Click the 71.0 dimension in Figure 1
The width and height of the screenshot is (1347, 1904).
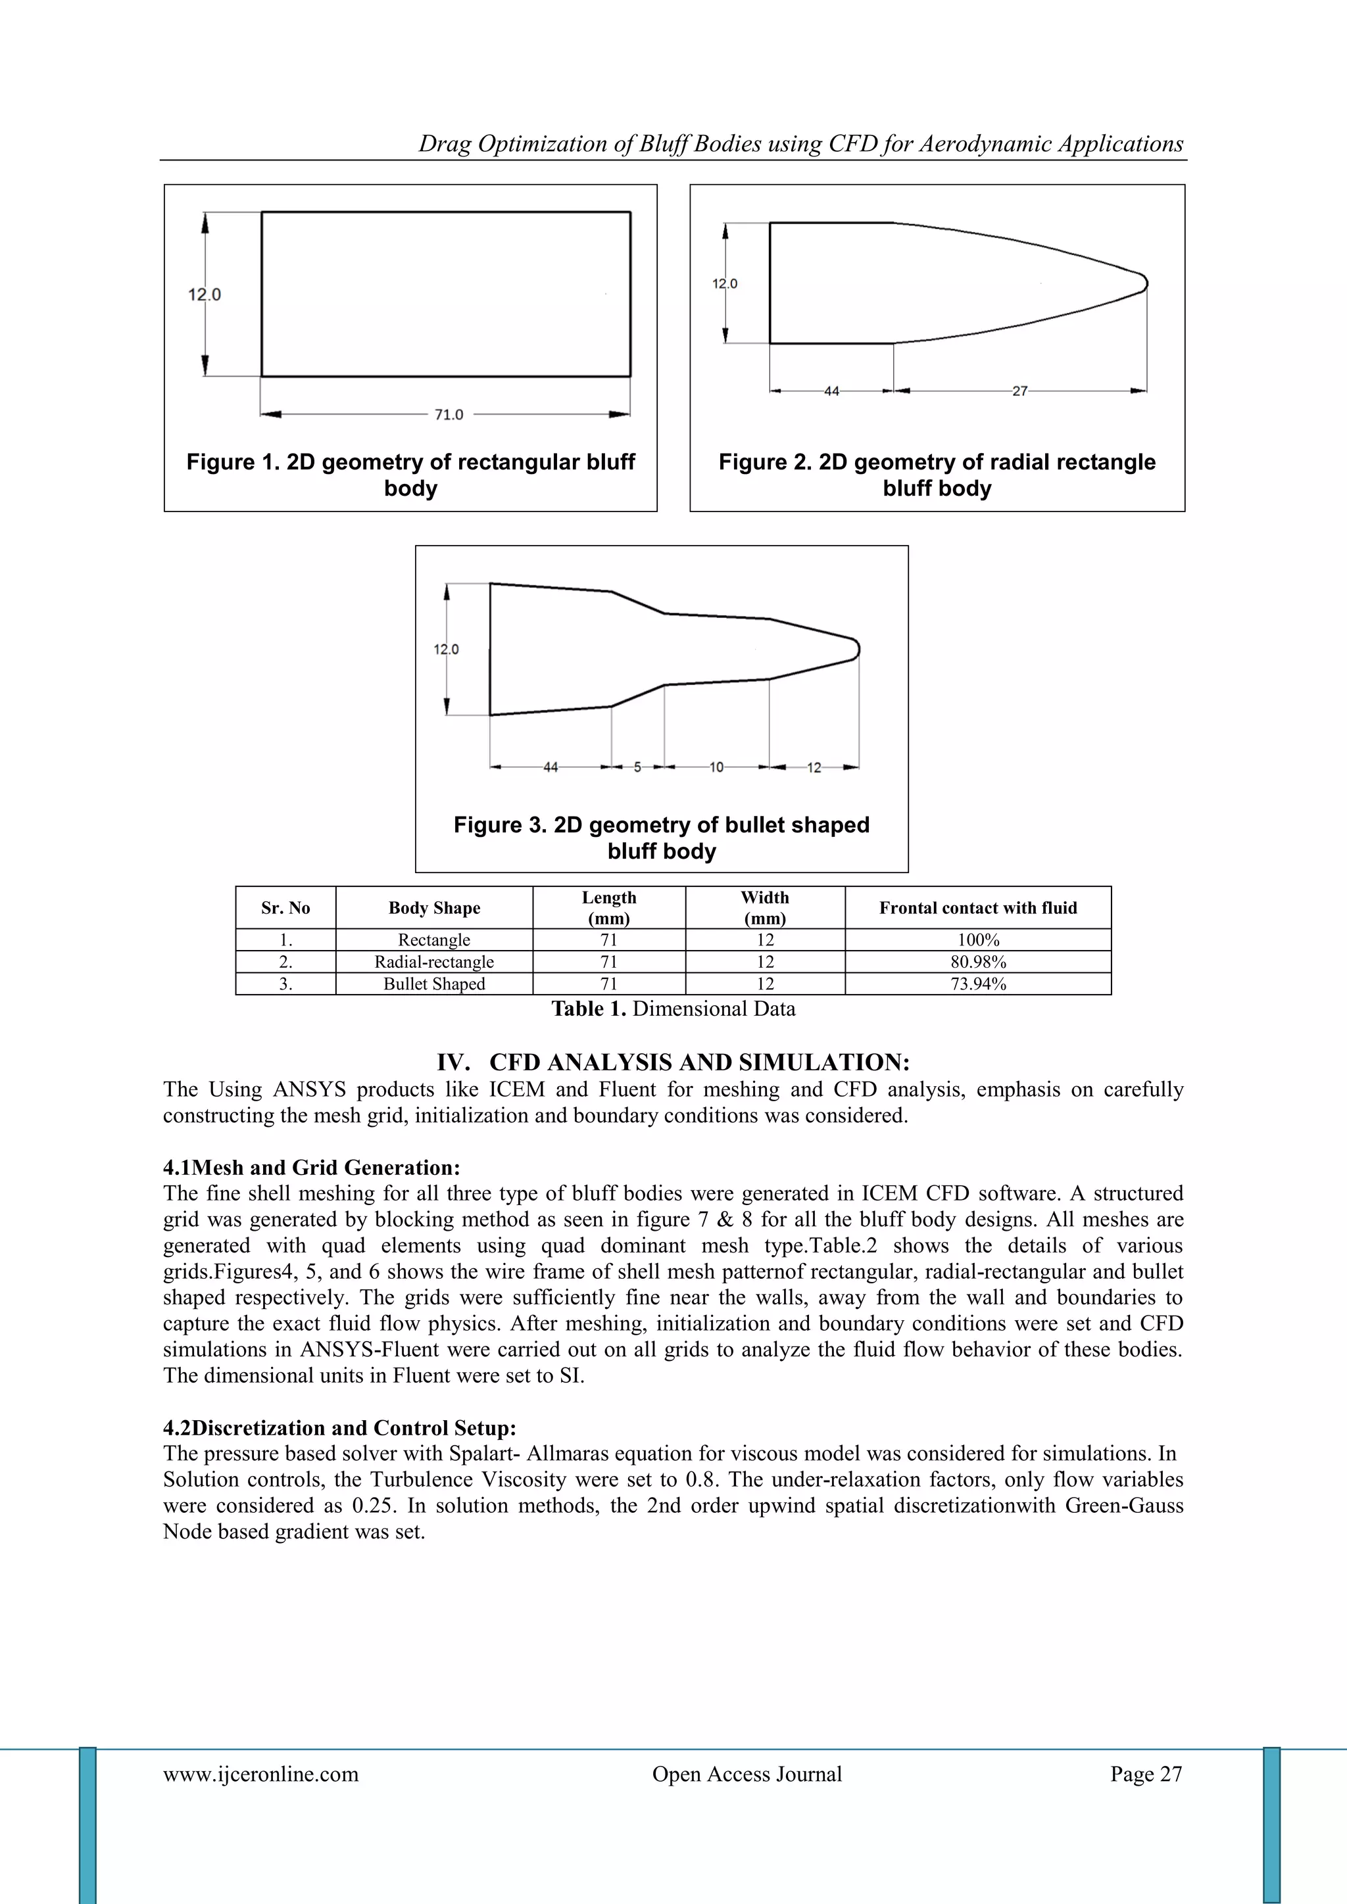coord(449,415)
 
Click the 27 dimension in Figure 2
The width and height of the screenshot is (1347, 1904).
coord(1019,391)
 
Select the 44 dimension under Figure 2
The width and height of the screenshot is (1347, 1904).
coord(831,391)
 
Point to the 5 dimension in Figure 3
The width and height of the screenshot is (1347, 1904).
coord(637,768)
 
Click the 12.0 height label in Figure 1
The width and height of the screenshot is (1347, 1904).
coord(204,295)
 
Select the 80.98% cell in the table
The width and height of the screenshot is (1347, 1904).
coord(978,962)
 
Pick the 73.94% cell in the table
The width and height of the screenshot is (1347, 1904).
coord(978,984)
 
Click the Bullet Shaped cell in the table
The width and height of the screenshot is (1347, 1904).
coord(434,984)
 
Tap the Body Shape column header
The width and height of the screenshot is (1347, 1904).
coord(434,908)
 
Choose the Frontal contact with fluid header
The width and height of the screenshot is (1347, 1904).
coord(978,908)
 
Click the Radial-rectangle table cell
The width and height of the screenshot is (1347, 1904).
coord(434,962)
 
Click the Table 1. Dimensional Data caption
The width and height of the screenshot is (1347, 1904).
coord(673,1009)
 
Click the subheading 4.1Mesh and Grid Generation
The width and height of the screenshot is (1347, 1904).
coord(311,1168)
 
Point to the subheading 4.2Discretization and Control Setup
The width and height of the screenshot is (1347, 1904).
coord(339,1428)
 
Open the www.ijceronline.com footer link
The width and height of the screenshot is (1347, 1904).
coord(260,1774)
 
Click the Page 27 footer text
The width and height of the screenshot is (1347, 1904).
coord(1146,1774)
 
